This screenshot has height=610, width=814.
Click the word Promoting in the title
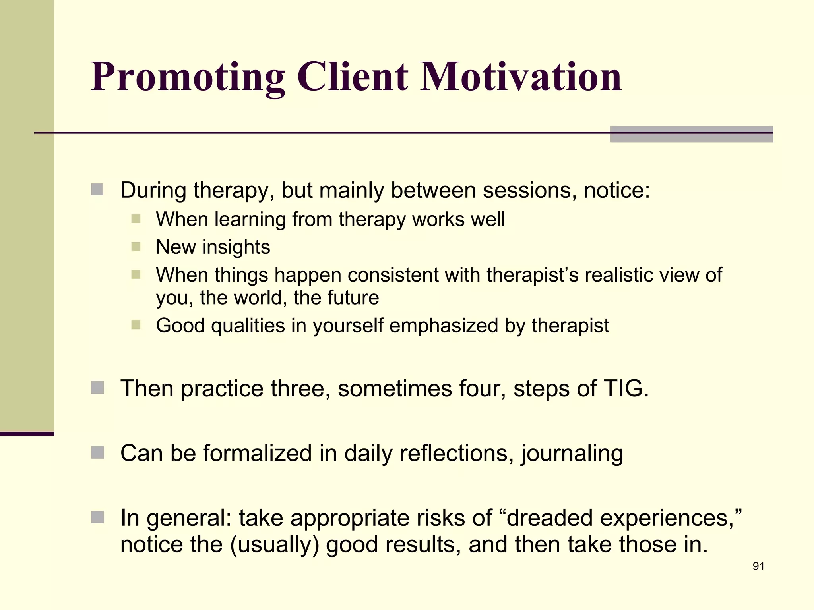187,77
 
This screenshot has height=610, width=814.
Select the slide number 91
758,566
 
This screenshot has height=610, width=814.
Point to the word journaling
572,454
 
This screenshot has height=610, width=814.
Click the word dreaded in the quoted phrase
549,518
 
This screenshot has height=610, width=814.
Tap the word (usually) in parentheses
275,544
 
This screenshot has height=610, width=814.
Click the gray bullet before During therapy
97,190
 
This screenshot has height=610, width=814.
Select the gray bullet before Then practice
97,388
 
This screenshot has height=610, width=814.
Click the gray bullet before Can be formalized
97,452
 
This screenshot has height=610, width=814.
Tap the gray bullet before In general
97,517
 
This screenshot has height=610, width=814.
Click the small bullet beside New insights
136,247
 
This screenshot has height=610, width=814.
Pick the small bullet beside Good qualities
136,325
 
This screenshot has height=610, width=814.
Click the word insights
236,247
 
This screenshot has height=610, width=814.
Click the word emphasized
444,326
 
